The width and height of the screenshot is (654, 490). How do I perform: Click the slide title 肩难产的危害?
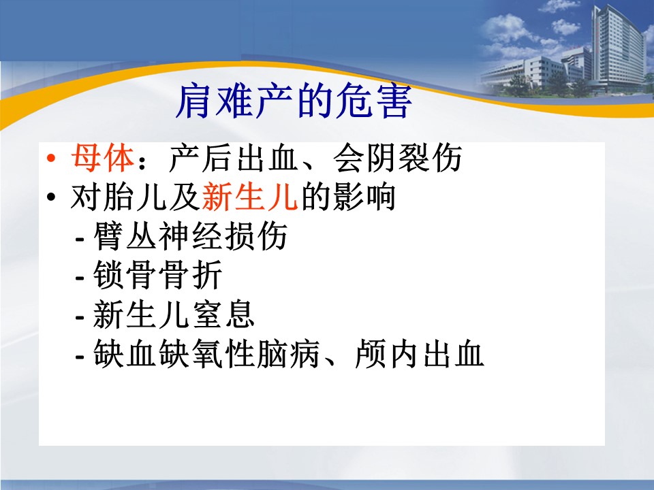click(294, 101)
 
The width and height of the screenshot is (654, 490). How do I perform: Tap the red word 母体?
click(102, 158)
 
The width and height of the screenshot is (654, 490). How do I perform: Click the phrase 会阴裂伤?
click(397, 158)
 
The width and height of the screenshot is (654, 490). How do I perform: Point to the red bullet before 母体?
click(51, 159)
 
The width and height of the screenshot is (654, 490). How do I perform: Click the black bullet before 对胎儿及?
click(51, 197)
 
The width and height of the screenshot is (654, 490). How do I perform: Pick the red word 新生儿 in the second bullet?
click(250, 196)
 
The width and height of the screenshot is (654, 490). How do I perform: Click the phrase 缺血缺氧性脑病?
click(206, 354)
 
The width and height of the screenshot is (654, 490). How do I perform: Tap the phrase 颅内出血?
click(419, 354)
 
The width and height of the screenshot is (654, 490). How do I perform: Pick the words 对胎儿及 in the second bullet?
click(135, 196)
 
